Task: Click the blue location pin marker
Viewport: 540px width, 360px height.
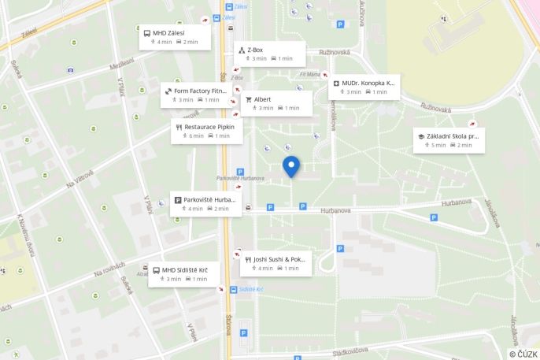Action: coord(291,165)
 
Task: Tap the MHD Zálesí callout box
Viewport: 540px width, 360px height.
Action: coord(176,37)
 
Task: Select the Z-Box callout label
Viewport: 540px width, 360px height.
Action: coord(266,54)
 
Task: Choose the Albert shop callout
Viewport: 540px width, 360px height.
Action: coord(276,103)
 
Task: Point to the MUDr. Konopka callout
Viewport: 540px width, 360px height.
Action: coord(364,87)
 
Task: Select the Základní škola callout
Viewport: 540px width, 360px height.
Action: coord(449,140)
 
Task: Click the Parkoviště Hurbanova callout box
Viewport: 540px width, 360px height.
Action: coord(205,204)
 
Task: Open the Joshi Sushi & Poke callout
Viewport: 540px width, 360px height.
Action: coord(276,263)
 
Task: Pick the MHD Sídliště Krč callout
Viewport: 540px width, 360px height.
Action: coord(184,274)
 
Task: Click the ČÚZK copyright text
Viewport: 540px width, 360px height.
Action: coord(523,354)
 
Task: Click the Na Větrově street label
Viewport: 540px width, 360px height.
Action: coord(80,179)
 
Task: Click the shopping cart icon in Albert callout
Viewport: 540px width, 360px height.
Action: coord(249,99)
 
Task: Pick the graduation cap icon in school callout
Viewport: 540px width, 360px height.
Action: coord(421,136)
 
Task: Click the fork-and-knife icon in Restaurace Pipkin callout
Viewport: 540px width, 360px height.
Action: coord(179,127)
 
